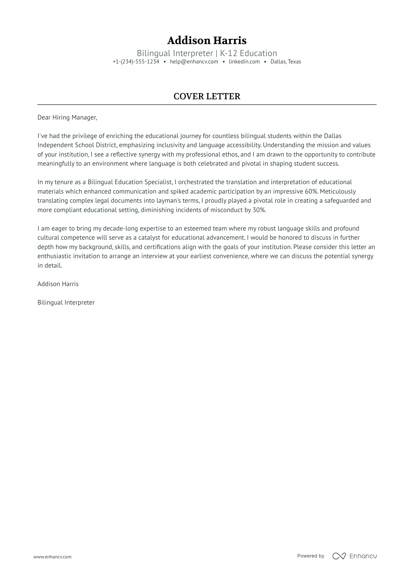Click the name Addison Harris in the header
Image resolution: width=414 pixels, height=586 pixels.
[x=207, y=41]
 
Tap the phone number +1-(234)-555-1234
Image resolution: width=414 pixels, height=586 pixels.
[x=136, y=62]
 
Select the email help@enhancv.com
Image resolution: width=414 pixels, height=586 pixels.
[x=194, y=62]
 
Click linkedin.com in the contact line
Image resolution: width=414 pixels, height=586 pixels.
[x=244, y=62]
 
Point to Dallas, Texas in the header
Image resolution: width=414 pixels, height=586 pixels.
[x=286, y=62]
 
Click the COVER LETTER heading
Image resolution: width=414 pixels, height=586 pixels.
[x=207, y=96]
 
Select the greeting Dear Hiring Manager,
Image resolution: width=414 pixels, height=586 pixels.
[x=67, y=117]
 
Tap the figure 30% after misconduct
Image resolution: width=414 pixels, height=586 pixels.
[x=259, y=210]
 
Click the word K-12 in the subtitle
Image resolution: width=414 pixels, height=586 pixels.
[x=229, y=53]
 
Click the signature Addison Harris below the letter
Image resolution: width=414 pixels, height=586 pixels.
[x=58, y=284]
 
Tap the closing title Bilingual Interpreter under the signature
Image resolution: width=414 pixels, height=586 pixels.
[x=66, y=303]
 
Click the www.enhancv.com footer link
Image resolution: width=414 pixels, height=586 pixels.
[x=53, y=557]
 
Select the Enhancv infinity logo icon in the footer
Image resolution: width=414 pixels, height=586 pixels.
[x=339, y=556]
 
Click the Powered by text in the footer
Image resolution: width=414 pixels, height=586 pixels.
[x=311, y=556]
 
